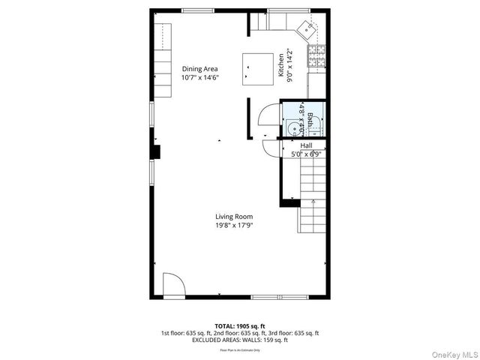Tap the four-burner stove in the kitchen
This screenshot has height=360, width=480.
[318, 54]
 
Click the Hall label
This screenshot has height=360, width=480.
[307, 145]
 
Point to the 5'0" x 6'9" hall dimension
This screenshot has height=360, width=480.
[307, 154]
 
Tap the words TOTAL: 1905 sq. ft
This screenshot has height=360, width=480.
[239, 325]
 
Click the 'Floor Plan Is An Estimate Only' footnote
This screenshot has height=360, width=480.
[239, 349]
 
